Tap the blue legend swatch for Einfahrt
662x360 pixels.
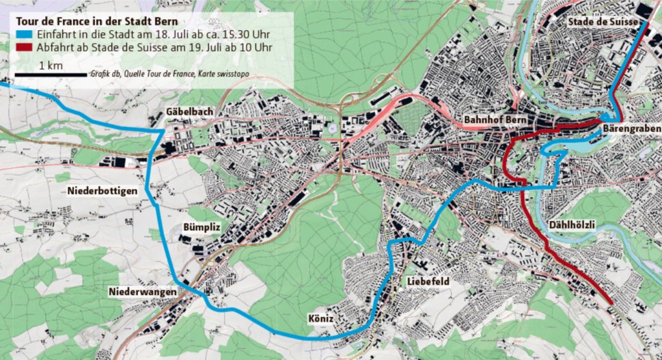click(23, 35)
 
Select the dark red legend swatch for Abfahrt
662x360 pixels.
click(23, 48)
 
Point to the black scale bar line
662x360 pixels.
click(50, 74)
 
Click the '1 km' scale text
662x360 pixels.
click(51, 66)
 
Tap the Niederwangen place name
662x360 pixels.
click(142, 293)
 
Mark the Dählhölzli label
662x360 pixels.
click(573, 225)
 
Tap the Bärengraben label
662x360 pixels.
click(632, 129)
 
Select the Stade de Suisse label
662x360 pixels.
click(602, 22)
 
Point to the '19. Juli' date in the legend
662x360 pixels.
click(197, 48)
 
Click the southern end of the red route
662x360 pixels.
click(610, 299)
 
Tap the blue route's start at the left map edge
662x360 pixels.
click(2, 84)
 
